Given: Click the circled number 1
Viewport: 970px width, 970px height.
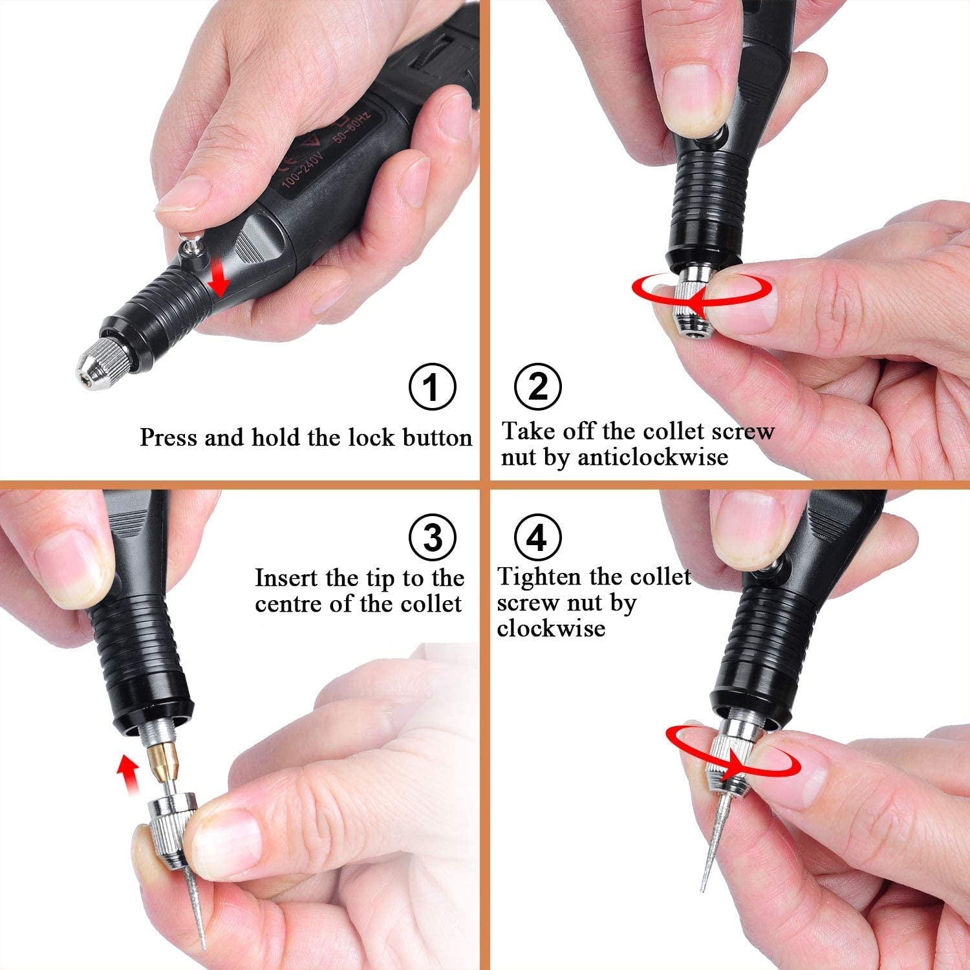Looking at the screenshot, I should pos(433,387).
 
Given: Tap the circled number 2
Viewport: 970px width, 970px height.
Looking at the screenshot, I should pos(537,387).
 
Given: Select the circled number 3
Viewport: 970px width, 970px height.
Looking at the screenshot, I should pos(433,537).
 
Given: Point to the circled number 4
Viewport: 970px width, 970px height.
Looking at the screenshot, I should pos(537,537).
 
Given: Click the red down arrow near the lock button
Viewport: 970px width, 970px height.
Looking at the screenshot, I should pos(221,282).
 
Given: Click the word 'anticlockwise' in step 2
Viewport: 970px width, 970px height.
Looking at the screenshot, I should pos(653,457).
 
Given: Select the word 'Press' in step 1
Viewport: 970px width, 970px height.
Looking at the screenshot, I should pos(168,438).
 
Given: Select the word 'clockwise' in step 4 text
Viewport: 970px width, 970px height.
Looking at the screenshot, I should pos(551,629).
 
